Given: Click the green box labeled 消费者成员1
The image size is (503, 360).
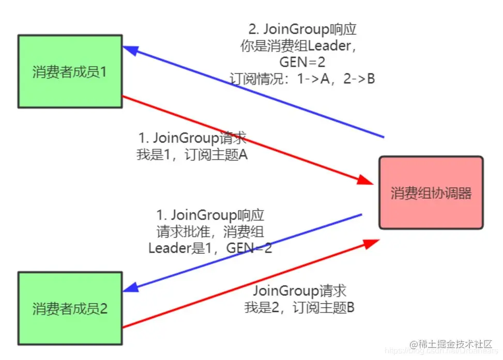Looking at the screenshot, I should (70, 71).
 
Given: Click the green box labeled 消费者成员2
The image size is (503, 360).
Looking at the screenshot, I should (70, 309).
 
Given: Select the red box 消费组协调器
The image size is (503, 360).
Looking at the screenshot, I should (431, 193).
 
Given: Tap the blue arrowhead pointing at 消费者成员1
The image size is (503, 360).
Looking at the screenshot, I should (129, 50).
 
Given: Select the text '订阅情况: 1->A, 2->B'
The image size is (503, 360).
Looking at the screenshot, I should (302, 79).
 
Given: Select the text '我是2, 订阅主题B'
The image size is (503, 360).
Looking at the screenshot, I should (299, 308).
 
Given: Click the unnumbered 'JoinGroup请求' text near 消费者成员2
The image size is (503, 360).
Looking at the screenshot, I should (299, 291).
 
